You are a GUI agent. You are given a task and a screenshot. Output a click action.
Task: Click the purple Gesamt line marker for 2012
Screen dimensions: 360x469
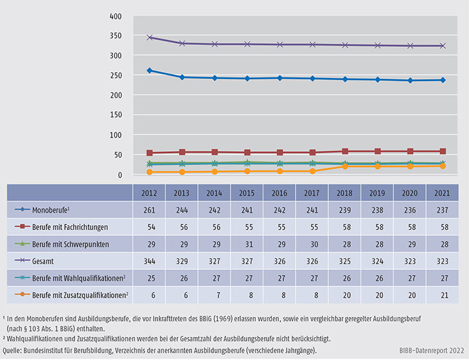(x=150, y=37)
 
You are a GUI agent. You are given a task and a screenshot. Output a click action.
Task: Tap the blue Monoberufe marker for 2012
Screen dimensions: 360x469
(x=150, y=70)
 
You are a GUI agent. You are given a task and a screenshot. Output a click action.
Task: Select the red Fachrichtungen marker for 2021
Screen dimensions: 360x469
(x=441, y=151)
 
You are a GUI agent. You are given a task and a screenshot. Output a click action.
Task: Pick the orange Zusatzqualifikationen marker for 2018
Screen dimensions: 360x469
(x=344, y=166)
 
